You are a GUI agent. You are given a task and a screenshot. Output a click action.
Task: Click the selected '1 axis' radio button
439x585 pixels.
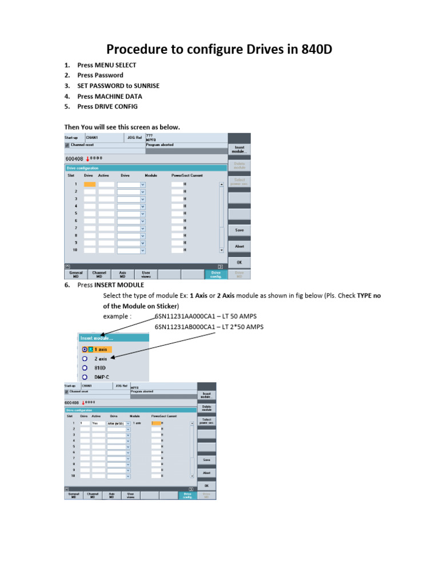[85, 349]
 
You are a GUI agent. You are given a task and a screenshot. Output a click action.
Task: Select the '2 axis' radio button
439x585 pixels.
[85, 359]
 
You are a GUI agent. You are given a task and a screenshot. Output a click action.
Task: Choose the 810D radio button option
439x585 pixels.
[85, 368]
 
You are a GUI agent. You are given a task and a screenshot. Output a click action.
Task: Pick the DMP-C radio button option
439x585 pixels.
[85, 377]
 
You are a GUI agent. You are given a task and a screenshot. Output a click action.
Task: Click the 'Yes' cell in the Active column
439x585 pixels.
[98, 423]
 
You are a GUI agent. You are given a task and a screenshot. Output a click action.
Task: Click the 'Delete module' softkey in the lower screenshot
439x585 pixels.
[207, 408]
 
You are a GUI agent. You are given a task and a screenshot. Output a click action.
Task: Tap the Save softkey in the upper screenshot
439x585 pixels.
[239, 230]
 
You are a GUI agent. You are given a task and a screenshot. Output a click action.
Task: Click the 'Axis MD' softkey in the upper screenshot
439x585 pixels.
[122, 275]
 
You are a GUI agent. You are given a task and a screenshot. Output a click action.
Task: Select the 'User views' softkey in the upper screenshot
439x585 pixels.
[146, 275]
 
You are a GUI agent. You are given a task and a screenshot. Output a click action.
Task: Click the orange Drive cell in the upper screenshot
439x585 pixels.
[89, 185]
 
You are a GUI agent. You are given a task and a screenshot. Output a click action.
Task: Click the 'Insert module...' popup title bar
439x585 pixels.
[113, 338]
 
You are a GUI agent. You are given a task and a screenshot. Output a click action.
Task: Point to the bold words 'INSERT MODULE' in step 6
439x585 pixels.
[119, 285]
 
